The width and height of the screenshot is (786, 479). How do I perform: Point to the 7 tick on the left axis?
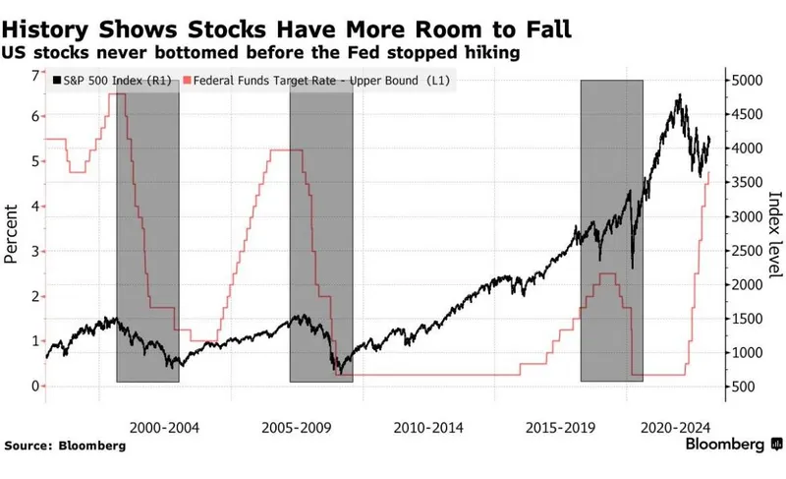click(35, 76)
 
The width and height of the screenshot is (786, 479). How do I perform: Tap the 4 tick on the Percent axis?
click(35, 206)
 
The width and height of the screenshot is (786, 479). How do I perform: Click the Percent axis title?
click(13, 234)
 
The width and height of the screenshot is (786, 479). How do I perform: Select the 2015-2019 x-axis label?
click(553, 428)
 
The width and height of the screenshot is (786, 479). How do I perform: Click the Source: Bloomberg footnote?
click(65, 446)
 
